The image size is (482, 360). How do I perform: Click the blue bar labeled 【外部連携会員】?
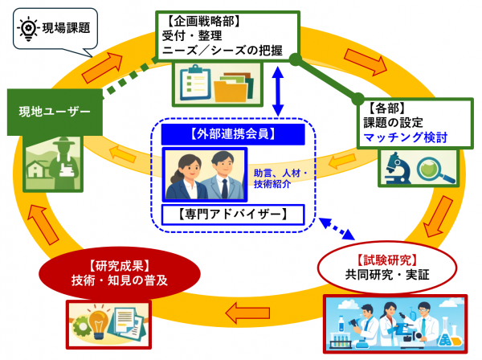coord(233,132)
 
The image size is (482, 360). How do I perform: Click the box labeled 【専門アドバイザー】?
coord(233,215)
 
